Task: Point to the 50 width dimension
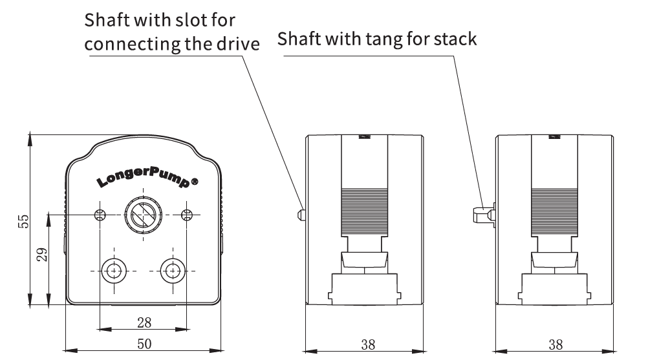pos(144,344)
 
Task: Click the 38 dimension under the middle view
pos(367,344)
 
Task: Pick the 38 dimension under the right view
pos(555,344)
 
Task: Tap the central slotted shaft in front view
pos(142,214)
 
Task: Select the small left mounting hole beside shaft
pos(100,215)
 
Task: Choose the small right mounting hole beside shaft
pos(187,215)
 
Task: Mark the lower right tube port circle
pos(172,270)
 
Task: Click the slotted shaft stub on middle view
pos(301,213)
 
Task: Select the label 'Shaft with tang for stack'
pos(377,39)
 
